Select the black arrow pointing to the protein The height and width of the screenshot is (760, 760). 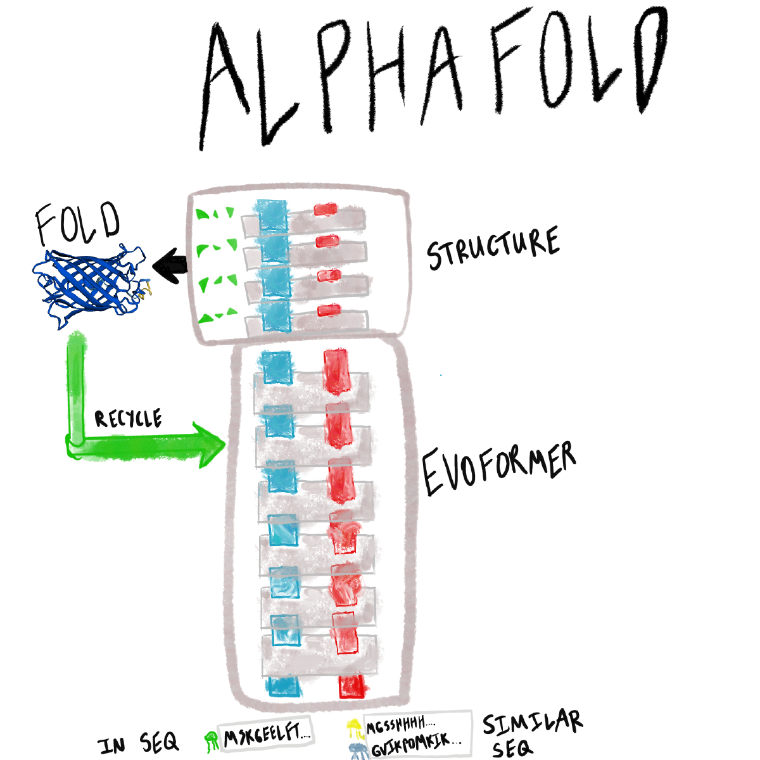click(x=170, y=264)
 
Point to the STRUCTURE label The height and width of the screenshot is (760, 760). click(x=493, y=248)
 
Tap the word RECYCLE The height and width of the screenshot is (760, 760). click(x=129, y=419)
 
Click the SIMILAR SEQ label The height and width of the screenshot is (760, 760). click(x=531, y=733)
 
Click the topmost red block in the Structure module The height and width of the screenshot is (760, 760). click(x=326, y=209)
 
